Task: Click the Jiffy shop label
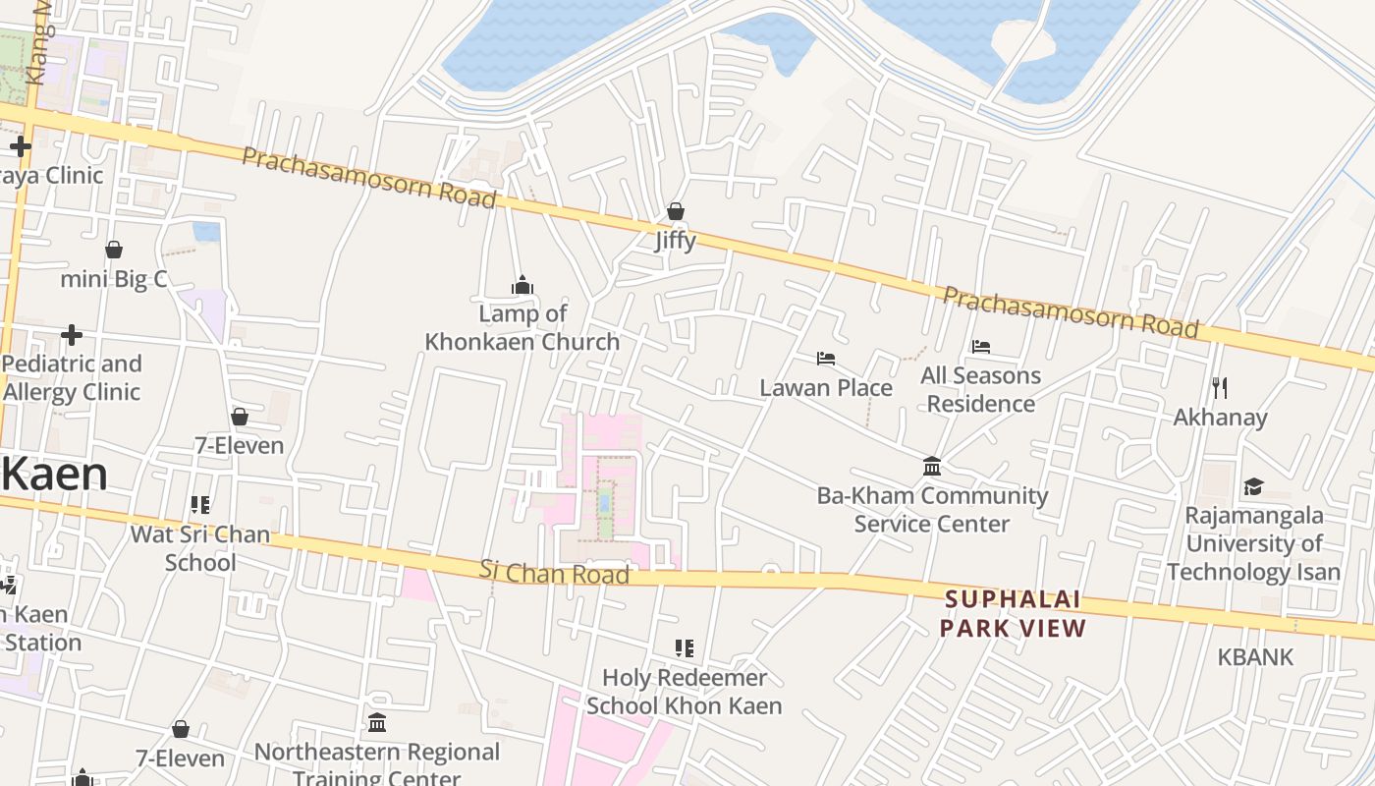(x=675, y=241)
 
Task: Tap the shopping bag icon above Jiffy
(x=675, y=210)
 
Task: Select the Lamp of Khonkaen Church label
(x=522, y=327)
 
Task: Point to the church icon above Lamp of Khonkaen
(x=522, y=285)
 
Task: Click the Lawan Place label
(x=826, y=388)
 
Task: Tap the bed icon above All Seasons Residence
(x=980, y=346)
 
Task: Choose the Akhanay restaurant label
(x=1220, y=418)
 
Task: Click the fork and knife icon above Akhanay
(x=1220, y=387)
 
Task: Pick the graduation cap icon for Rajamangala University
(x=1253, y=486)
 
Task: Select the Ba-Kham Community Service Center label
(x=932, y=509)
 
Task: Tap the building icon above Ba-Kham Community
(x=932, y=466)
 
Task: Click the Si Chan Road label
(x=554, y=572)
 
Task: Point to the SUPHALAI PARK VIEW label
(x=1013, y=614)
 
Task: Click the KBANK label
(x=1255, y=657)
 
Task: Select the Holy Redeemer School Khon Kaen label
(x=684, y=692)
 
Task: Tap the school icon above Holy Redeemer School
(x=684, y=648)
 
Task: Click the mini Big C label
(x=114, y=280)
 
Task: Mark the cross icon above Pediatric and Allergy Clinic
(x=71, y=335)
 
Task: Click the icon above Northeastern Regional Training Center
(x=377, y=723)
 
